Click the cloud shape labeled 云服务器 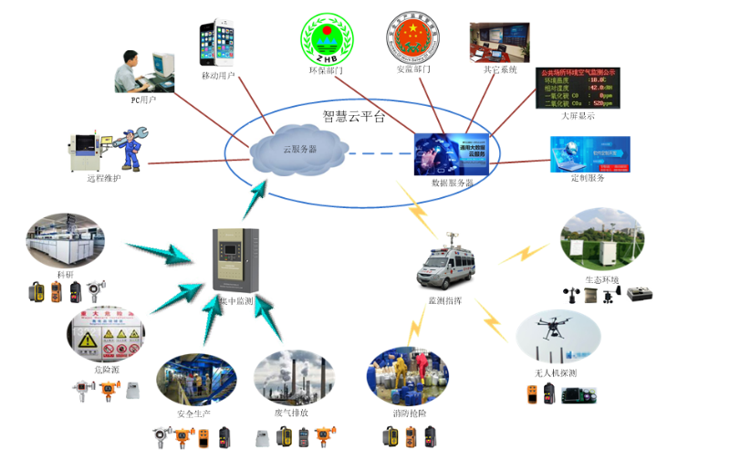[x=297, y=149]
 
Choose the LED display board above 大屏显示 [x=577, y=87]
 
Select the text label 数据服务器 [x=453, y=183]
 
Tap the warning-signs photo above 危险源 [x=106, y=334]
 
